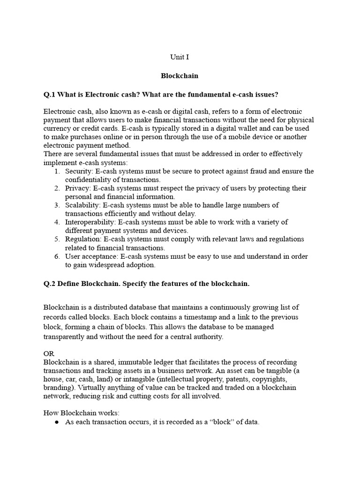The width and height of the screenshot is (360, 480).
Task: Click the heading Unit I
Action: tap(180, 57)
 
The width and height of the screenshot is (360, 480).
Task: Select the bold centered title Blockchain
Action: tap(180, 75)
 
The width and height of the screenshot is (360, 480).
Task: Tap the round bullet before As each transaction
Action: tap(57, 422)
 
